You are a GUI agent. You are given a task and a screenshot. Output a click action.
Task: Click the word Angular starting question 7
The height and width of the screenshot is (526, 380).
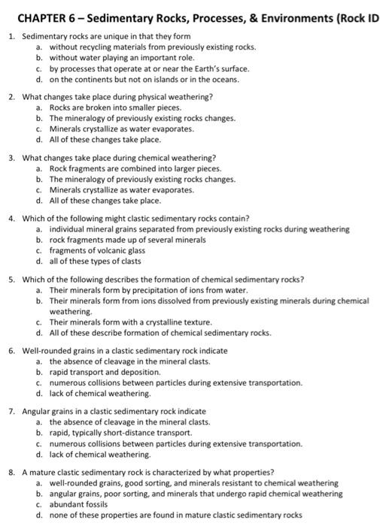click(37, 412)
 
